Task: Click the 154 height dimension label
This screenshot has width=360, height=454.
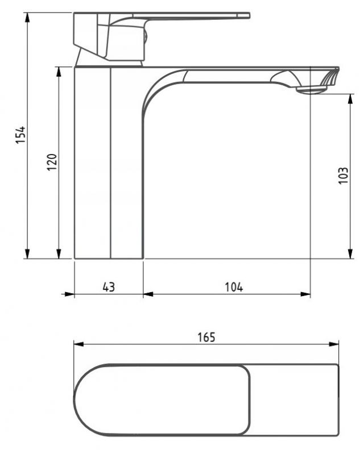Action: tap(21, 135)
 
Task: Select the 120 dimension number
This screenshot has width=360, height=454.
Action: tap(52, 162)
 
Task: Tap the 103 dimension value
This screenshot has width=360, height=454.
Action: tap(343, 176)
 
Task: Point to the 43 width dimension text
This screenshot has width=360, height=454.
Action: tap(109, 286)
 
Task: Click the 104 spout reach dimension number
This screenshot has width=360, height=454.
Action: tap(234, 286)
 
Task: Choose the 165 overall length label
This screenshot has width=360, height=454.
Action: tap(206, 337)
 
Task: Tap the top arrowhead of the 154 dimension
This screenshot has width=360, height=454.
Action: tap(27, 18)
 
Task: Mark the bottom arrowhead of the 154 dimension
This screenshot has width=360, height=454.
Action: tap(27, 253)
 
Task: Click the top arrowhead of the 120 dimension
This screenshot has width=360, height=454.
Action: tap(59, 72)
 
